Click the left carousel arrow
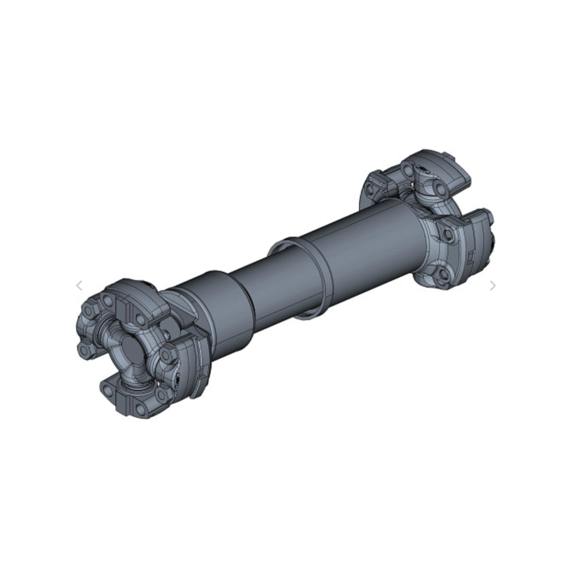pyautogui.click(x=79, y=286)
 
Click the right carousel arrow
pyautogui.click(x=493, y=286)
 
